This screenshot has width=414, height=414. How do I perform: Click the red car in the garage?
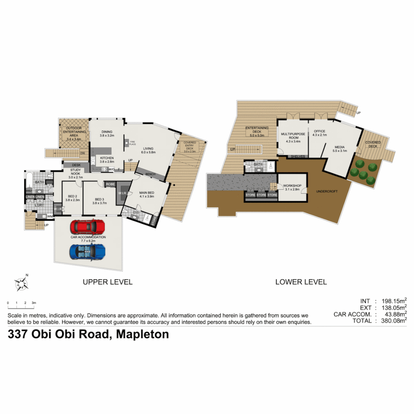click(x=87, y=227)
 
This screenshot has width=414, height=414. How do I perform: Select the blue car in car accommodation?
click(x=87, y=251)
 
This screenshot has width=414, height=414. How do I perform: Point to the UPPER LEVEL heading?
click(x=108, y=282)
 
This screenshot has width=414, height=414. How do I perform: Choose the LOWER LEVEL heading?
click(x=301, y=282)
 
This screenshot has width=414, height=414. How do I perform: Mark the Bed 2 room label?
click(x=72, y=197)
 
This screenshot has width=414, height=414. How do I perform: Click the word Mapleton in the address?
click(x=142, y=334)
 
